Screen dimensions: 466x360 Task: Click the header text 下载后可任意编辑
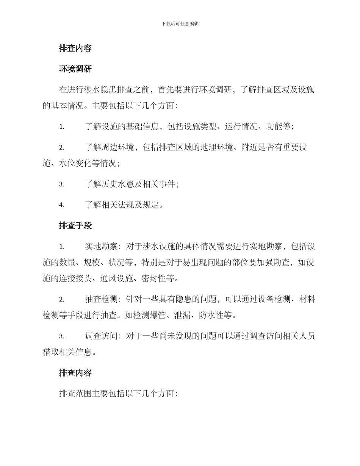click(x=180, y=23)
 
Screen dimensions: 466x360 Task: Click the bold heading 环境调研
click(x=75, y=69)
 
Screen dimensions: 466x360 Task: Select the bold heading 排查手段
click(x=75, y=226)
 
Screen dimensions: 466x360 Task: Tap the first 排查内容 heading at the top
click(x=75, y=48)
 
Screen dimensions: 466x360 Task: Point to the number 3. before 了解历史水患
click(x=61, y=185)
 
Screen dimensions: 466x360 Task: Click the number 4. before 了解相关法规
click(x=61, y=205)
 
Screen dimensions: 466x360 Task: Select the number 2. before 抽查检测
click(x=61, y=300)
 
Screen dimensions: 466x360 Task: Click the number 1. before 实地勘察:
click(x=61, y=247)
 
